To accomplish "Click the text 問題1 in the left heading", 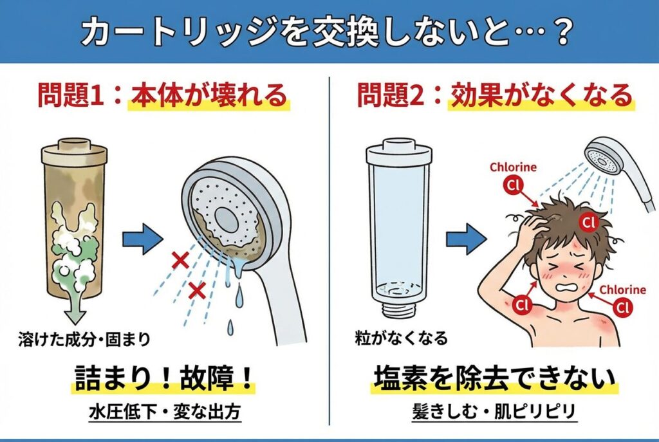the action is pyautogui.click(x=71, y=97).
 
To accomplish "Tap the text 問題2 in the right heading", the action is pyautogui.click(x=391, y=97).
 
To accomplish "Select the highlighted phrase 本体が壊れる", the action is pyautogui.click(x=209, y=97).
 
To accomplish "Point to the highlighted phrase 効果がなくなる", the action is pyautogui.click(x=542, y=97).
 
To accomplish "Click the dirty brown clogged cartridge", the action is pyautogui.click(x=75, y=219).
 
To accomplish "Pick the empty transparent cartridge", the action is pyautogui.click(x=399, y=227).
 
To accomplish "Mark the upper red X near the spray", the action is pyautogui.click(x=181, y=261).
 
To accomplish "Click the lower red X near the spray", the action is pyautogui.click(x=197, y=290).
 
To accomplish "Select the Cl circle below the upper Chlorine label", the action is pyautogui.click(x=513, y=185).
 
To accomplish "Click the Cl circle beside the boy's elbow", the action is pyautogui.click(x=521, y=305).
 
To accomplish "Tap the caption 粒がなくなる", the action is pyautogui.click(x=402, y=338).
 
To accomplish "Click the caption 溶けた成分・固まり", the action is pyautogui.click(x=84, y=338).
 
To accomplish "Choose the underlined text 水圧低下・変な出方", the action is pyautogui.click(x=165, y=412).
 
